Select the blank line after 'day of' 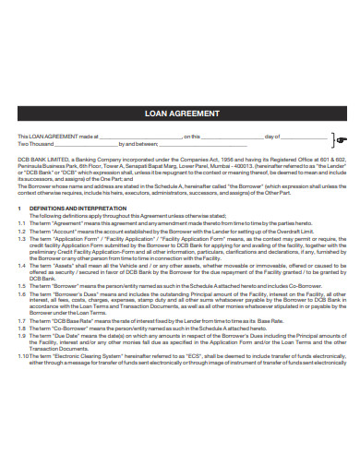304,137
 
